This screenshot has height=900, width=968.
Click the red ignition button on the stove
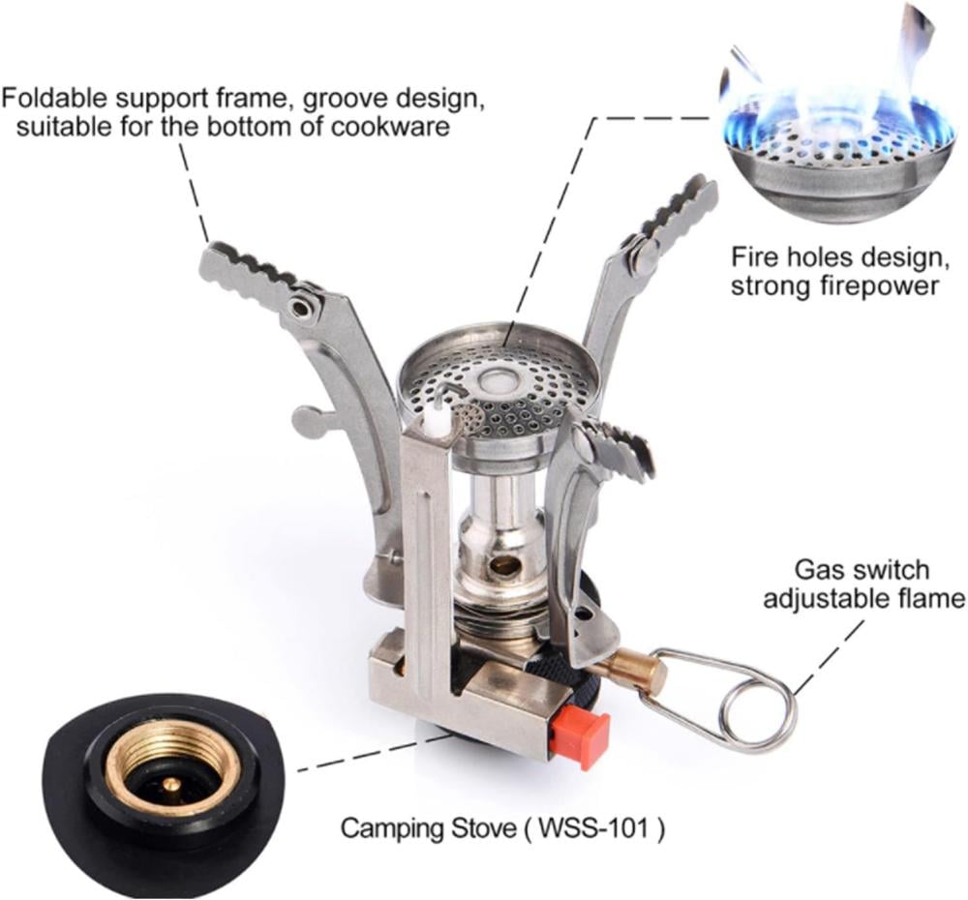pos(581,738)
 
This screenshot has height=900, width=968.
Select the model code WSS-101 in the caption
pos(594,827)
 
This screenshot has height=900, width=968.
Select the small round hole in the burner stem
pos(507,563)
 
